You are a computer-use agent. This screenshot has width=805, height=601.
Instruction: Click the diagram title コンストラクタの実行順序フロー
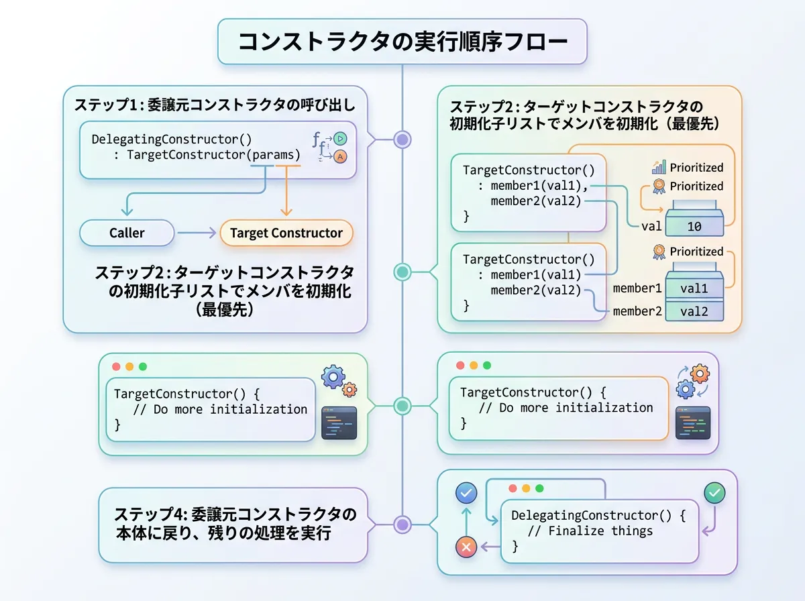(x=402, y=42)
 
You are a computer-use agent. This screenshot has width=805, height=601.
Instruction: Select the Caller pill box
(x=127, y=233)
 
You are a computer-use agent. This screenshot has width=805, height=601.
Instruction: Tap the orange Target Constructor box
(x=286, y=233)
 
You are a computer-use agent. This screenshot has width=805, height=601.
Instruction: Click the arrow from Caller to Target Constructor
(x=197, y=233)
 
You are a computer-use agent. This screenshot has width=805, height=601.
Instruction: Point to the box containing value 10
(x=694, y=227)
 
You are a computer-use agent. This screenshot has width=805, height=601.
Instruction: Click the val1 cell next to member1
(x=694, y=288)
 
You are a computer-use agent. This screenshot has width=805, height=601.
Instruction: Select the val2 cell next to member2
(x=694, y=311)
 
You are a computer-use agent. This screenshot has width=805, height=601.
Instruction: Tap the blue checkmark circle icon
(x=466, y=494)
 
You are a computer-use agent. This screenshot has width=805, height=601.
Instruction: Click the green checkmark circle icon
(x=714, y=494)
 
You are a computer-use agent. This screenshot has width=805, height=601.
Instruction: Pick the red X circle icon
(x=466, y=547)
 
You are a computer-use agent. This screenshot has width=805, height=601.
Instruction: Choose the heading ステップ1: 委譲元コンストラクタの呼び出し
(x=215, y=105)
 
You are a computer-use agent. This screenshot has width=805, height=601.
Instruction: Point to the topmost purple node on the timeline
(x=402, y=140)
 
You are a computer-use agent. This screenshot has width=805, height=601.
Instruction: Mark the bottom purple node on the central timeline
(x=402, y=525)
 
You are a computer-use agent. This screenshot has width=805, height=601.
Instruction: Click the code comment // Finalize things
(x=590, y=531)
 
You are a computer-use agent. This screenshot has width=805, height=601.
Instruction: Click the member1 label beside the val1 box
(x=637, y=288)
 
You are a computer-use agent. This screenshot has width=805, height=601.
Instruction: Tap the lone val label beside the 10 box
(x=651, y=226)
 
